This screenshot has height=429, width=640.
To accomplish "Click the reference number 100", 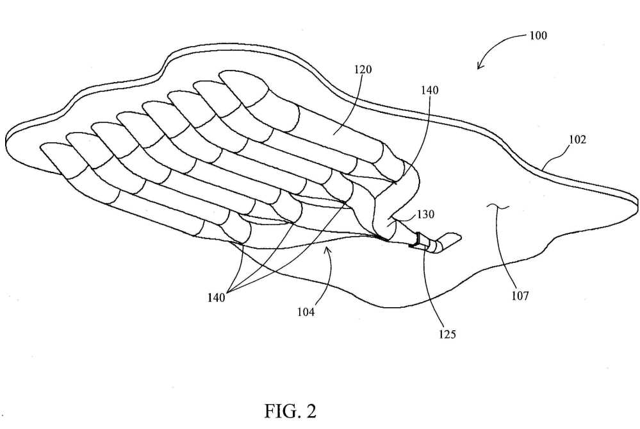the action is pyautogui.click(x=538, y=35).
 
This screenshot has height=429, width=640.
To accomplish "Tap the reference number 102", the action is pyautogui.click(x=578, y=140).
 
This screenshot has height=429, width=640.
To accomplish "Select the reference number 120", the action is pyautogui.click(x=363, y=69).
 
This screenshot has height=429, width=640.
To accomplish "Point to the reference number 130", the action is pyautogui.click(x=425, y=214).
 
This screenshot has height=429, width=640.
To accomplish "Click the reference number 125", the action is pyautogui.click(x=447, y=334).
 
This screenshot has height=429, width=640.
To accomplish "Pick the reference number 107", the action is pyautogui.click(x=520, y=296).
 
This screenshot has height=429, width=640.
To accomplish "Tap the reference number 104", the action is pyautogui.click(x=306, y=312).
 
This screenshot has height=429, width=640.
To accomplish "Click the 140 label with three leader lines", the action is pyautogui.click(x=216, y=298).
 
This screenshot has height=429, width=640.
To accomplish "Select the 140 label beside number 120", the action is pyautogui.click(x=429, y=90).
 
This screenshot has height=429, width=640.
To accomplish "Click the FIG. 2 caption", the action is pyautogui.click(x=290, y=410).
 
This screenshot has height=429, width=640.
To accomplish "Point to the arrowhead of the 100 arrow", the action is pyautogui.click(x=479, y=67).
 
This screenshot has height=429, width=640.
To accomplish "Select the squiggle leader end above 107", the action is pyautogui.click(x=498, y=208).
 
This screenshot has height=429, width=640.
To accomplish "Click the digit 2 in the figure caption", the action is pyautogui.click(x=311, y=410).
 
